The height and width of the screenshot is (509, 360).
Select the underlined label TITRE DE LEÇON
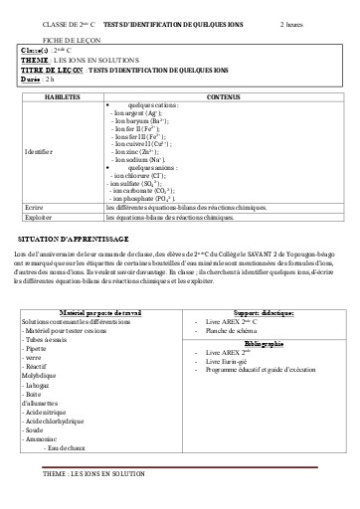(51, 70)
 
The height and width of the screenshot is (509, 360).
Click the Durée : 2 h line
(37, 79)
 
